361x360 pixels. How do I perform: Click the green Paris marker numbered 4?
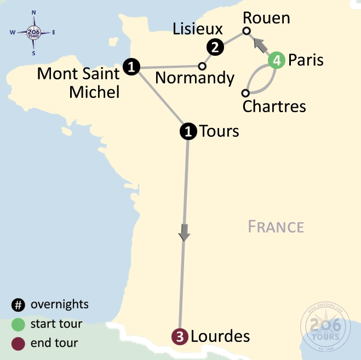(277, 60)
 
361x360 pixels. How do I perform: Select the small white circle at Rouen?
(247, 31)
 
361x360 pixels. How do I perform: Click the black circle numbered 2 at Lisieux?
(215, 48)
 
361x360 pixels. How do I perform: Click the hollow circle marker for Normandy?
(202, 66)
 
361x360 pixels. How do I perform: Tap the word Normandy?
(194, 78)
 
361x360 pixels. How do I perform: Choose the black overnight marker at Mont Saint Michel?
(131, 67)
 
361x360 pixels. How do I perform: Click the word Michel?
(94, 92)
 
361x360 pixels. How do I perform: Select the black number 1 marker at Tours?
(188, 131)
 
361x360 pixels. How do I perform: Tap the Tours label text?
(219, 131)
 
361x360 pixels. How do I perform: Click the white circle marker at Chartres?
(246, 92)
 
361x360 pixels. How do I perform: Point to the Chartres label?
(274, 106)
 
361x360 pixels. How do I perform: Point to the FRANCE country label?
(276, 227)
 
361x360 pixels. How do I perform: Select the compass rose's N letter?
(34, 12)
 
